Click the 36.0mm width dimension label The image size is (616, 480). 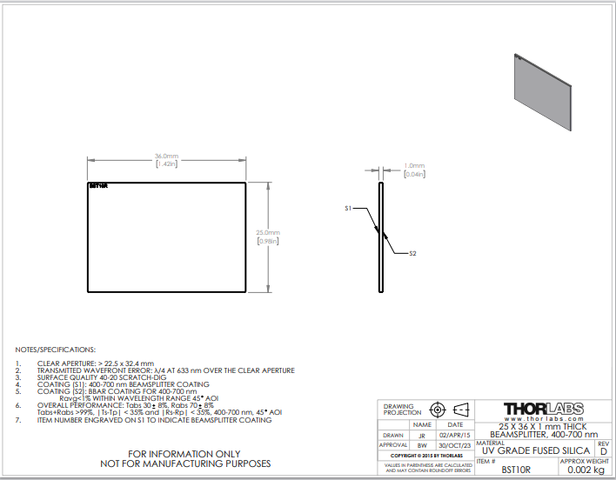point(166,157)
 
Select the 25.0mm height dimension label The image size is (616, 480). point(267,233)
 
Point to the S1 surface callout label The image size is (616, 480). point(348,209)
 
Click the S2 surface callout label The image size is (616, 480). point(413,253)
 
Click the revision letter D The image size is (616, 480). point(603,451)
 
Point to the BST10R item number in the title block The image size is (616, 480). point(517,470)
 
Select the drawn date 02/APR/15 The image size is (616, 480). point(455,436)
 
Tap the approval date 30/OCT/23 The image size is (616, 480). point(455,445)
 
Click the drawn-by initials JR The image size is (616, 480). point(422,436)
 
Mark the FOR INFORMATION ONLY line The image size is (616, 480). point(184,454)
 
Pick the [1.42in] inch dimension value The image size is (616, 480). point(166,163)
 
